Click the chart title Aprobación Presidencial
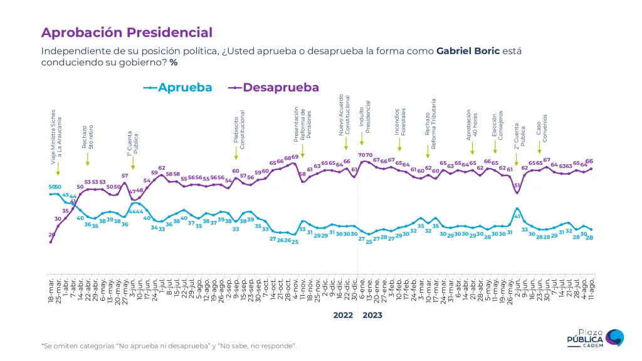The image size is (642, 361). [x=127, y=33]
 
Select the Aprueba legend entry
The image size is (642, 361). [x=178, y=88]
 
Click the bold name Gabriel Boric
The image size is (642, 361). [x=468, y=51]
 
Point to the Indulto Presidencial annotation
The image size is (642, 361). [x=365, y=117]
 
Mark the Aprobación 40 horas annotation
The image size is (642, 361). [x=472, y=123]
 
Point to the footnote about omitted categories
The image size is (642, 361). [x=169, y=345]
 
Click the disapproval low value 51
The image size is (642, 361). [x=517, y=186]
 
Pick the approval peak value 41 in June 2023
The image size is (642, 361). [x=518, y=216]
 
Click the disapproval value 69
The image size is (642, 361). [x=295, y=157]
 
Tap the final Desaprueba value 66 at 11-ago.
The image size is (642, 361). [x=589, y=161]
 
